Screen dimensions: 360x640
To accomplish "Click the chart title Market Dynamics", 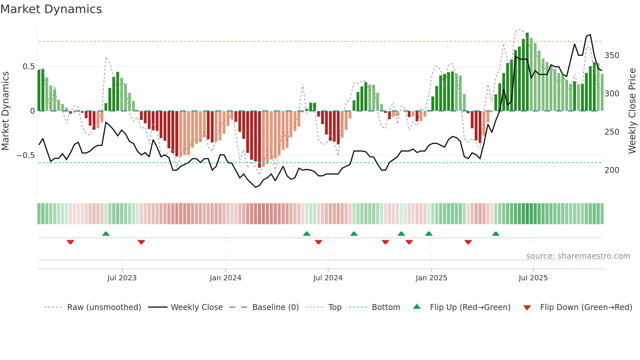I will pos(51,9).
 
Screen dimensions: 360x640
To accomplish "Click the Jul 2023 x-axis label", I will pos(122,278).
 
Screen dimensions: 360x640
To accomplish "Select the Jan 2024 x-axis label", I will pos(225,278).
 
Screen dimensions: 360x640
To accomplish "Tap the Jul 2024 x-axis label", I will pos(328,278).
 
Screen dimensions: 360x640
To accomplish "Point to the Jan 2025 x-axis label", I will pos(431,278).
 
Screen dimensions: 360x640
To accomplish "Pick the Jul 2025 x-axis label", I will pos(533,278).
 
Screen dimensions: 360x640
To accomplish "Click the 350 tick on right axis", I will pos(612,56).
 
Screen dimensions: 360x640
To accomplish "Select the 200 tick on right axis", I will pos(612,170).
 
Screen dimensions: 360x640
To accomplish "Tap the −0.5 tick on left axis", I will pos(25,155).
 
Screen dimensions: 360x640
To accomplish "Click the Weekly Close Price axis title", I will pos(632,111).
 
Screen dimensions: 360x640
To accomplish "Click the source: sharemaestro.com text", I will pos(578,256).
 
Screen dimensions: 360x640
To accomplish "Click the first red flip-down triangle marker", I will pos(70,242).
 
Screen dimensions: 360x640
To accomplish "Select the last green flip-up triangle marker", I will pos(496,234).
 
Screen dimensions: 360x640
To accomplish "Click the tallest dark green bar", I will pos(527,72).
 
